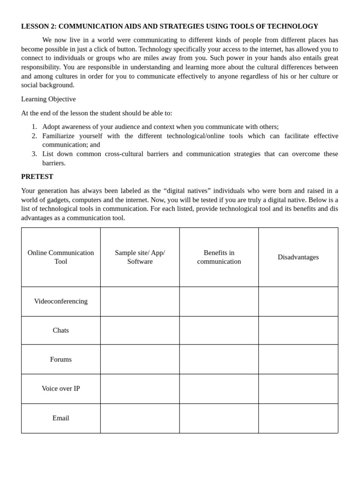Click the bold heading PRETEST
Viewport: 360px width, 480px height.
37,177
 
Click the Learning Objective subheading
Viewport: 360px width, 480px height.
48,99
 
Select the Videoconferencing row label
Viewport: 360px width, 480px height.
60,301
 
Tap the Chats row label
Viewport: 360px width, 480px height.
60,330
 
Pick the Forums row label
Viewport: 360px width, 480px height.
60,360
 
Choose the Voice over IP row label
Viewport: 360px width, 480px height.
60,389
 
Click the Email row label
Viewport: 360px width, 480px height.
60,418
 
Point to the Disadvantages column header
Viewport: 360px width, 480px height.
298,257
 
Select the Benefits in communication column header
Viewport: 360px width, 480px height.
219,257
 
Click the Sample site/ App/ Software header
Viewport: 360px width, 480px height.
140,257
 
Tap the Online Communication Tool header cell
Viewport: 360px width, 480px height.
60,257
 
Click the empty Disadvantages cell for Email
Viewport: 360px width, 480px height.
298,418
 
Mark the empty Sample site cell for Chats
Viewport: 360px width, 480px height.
140,330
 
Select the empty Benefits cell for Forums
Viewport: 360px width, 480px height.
219,360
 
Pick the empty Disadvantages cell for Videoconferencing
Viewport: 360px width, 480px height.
298,301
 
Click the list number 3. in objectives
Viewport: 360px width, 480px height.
34,154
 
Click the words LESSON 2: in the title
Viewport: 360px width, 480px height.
38,26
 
